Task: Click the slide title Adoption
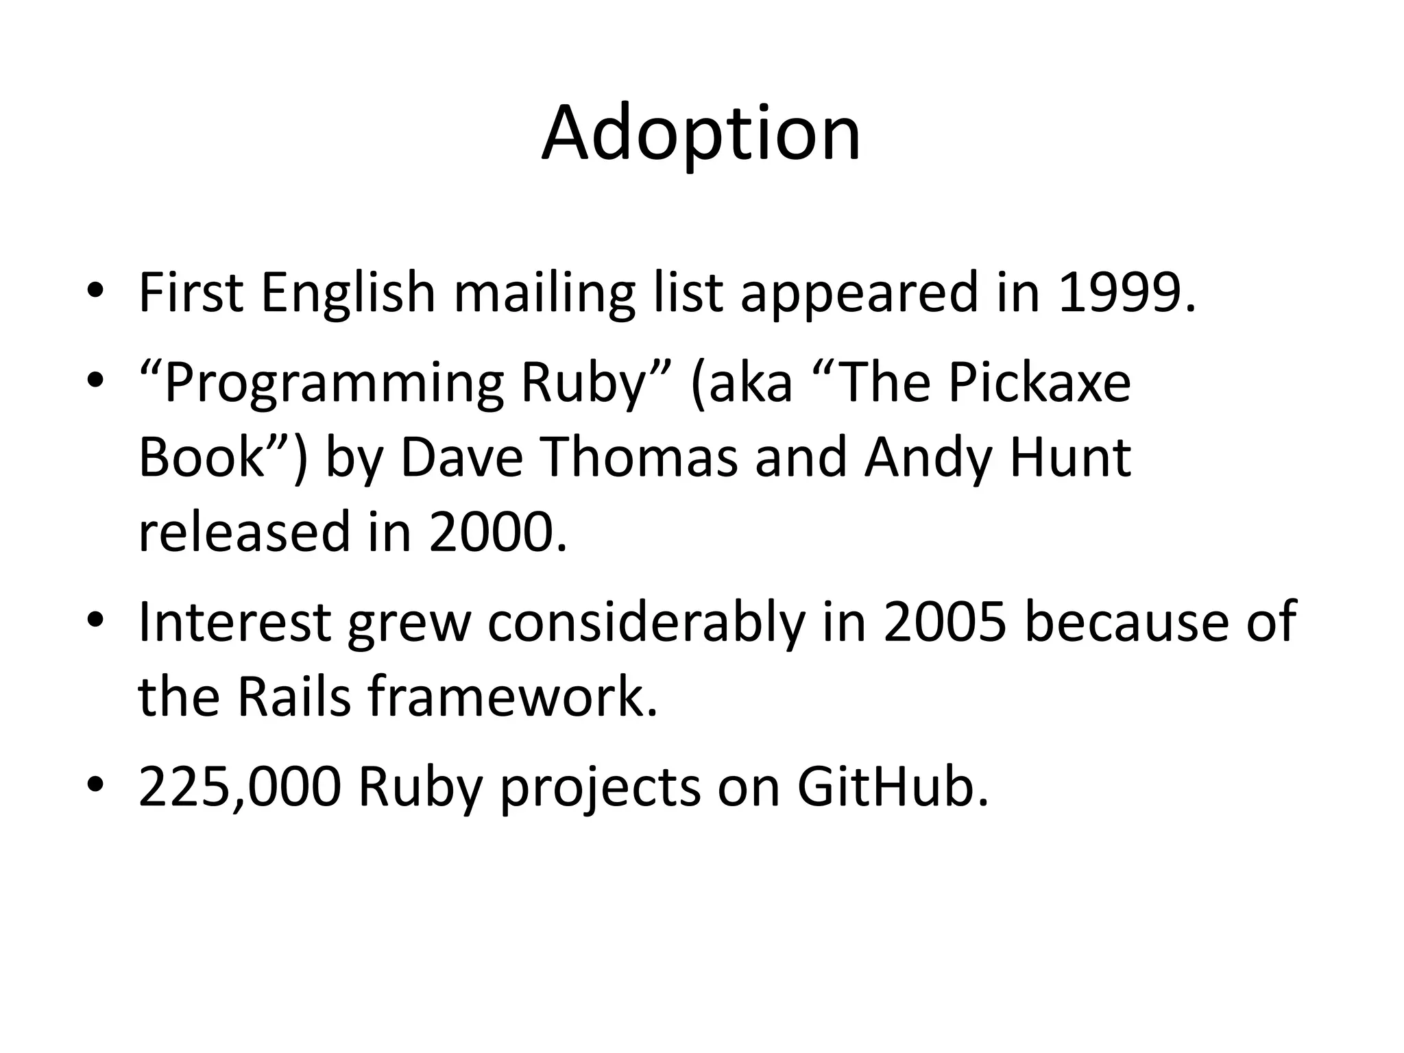pyautogui.click(x=701, y=134)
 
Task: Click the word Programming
pyautogui.click(x=334, y=385)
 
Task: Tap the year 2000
pyautogui.click(x=498, y=532)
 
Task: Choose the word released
pyautogui.click(x=244, y=532)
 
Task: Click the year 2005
pyautogui.click(x=945, y=621)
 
